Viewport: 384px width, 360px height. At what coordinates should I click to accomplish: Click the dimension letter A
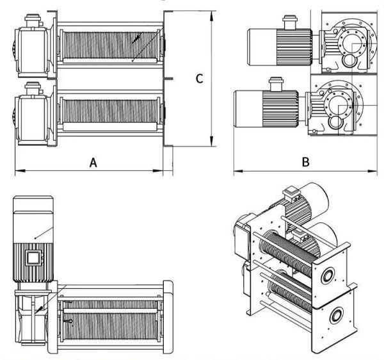[93, 163]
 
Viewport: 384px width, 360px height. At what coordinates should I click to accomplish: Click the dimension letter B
[307, 163]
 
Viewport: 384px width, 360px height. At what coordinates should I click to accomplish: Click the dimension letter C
[199, 78]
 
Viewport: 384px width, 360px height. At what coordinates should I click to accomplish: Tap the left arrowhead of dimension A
[16, 171]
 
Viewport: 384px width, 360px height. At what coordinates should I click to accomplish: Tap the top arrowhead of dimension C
[212, 11]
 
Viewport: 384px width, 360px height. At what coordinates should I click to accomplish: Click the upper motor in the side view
[276, 45]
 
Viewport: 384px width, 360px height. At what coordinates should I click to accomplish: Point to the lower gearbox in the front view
[30, 118]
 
